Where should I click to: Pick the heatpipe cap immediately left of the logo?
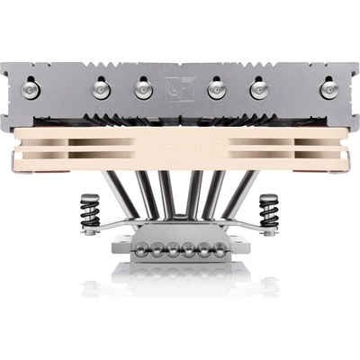click(141, 89)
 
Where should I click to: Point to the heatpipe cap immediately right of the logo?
click(216, 89)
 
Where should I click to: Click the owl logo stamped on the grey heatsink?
click(178, 88)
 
